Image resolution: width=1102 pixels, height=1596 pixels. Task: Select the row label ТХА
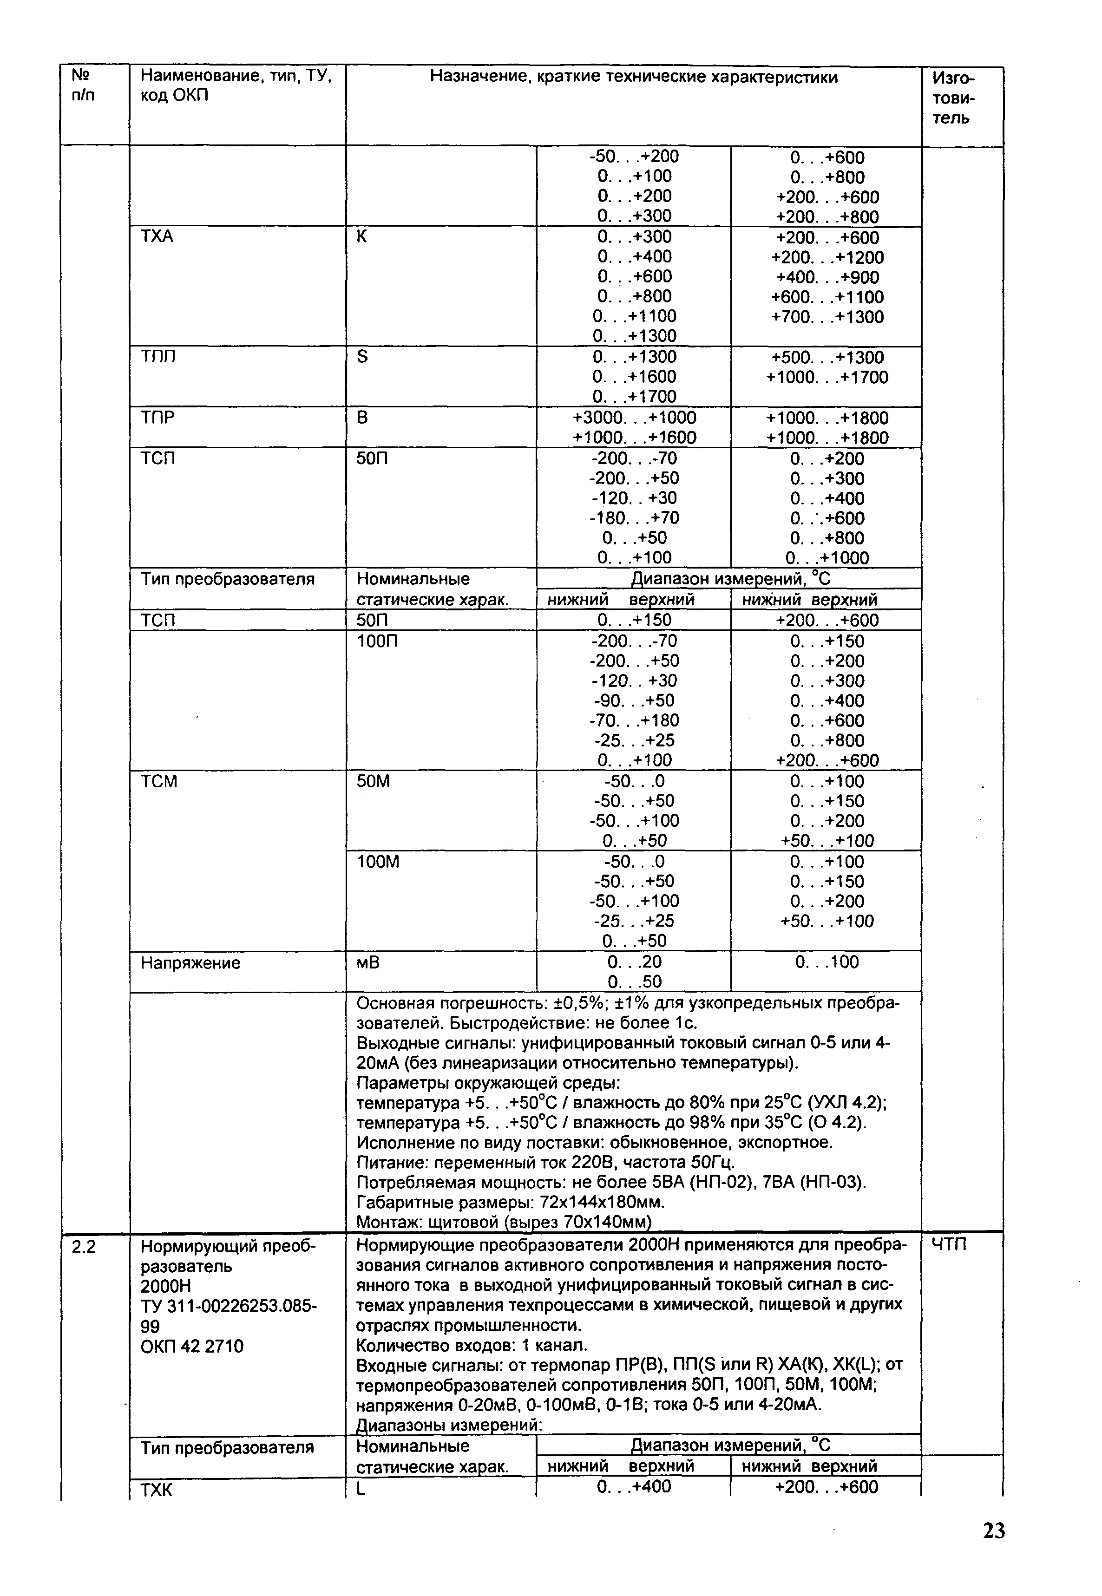click(157, 237)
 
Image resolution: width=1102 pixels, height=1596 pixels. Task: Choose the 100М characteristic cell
click(378, 862)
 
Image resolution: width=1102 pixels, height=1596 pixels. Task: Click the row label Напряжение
click(190, 962)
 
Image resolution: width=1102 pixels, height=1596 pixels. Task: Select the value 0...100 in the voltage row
click(826, 962)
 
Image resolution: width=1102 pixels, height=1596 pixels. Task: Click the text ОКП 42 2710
click(192, 1346)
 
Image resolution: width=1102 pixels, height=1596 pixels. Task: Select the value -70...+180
click(634, 721)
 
